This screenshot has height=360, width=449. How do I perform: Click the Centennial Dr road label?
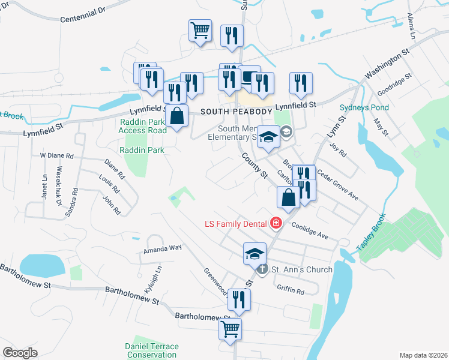[x=82, y=15]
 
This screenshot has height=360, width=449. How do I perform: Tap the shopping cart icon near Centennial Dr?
[x=200, y=30]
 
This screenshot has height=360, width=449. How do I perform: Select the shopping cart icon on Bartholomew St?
[x=230, y=329]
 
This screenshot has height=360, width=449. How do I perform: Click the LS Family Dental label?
[x=237, y=224]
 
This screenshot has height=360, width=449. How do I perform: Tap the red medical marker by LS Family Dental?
[x=276, y=224]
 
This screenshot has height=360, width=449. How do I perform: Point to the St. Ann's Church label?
[x=303, y=269]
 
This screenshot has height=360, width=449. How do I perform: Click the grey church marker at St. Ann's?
[x=262, y=269]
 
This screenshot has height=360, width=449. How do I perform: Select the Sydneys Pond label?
[x=364, y=108]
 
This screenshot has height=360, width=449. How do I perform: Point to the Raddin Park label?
[x=142, y=149]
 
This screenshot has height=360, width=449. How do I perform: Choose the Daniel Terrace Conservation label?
[x=151, y=350]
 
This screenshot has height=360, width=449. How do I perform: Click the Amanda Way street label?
[x=162, y=247]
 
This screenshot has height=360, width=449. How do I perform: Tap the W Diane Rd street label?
[x=56, y=155]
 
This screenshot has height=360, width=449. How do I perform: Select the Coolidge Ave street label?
[x=310, y=231]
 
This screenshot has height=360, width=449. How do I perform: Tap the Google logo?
[x=20, y=352]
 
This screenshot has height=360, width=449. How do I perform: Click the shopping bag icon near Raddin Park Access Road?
[x=177, y=116]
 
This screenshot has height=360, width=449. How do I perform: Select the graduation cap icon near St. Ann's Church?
[x=255, y=253]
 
